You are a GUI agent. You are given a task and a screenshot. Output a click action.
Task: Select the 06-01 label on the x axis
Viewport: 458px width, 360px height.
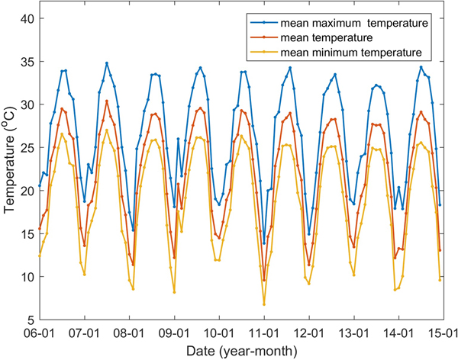click(x=39, y=333)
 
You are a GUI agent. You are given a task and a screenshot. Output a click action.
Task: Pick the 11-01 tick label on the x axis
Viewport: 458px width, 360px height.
click(x=263, y=333)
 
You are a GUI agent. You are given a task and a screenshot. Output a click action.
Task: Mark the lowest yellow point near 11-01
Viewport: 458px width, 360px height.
click(x=264, y=304)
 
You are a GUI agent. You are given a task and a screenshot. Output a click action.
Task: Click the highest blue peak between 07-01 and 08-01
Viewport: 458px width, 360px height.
click(x=107, y=63)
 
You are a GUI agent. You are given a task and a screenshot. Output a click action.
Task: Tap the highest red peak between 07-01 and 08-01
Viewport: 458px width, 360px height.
click(x=107, y=101)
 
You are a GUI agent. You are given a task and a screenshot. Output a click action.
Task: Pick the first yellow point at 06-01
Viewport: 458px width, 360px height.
click(x=40, y=255)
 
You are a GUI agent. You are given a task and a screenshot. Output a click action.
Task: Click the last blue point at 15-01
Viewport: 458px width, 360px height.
click(x=440, y=204)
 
